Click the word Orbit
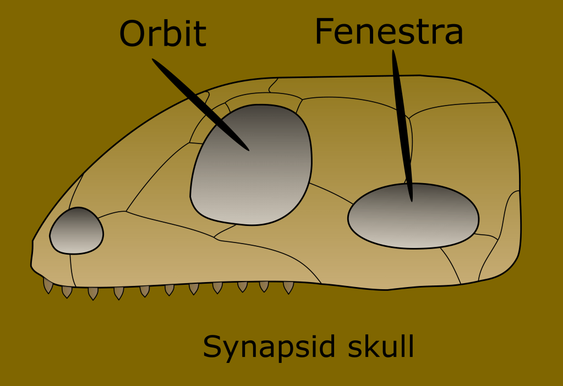[x=162, y=34]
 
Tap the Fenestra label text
[x=389, y=32]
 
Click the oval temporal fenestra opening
[x=413, y=217]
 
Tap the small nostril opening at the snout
[x=76, y=231]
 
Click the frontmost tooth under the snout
[x=48, y=285]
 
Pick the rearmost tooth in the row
[x=288, y=287]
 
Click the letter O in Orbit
[x=133, y=34]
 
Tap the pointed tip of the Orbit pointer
[x=248, y=150]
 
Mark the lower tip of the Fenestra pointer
[x=411, y=200]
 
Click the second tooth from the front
[x=67, y=291]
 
